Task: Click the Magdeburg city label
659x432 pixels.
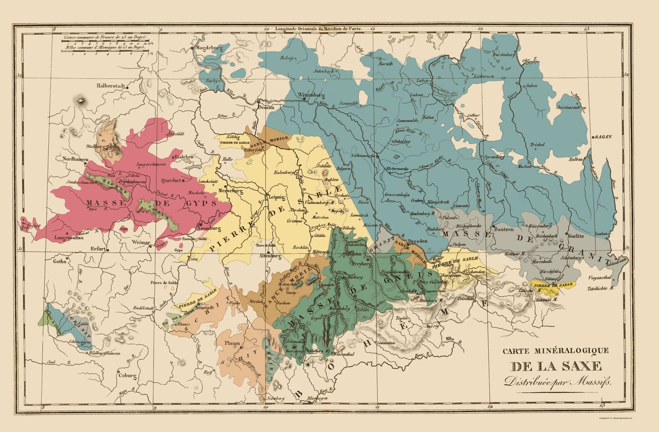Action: pos(209,48)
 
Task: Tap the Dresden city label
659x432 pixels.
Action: pos(418,241)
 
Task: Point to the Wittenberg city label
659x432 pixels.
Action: pos(311,95)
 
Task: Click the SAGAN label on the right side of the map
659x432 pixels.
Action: pos(603,137)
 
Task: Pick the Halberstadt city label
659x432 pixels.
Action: pos(111,86)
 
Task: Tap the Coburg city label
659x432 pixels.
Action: pos(127,376)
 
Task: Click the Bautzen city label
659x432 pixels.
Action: pos(504,229)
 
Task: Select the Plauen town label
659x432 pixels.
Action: pos(232,343)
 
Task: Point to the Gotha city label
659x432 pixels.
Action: pos(59,261)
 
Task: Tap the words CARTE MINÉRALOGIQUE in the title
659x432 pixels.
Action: pos(555,351)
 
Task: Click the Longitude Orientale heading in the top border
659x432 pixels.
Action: pos(318,29)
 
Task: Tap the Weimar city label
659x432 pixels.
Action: pos(141,242)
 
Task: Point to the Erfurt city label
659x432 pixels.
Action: pos(98,249)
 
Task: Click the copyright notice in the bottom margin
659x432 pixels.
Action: pos(615,418)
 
